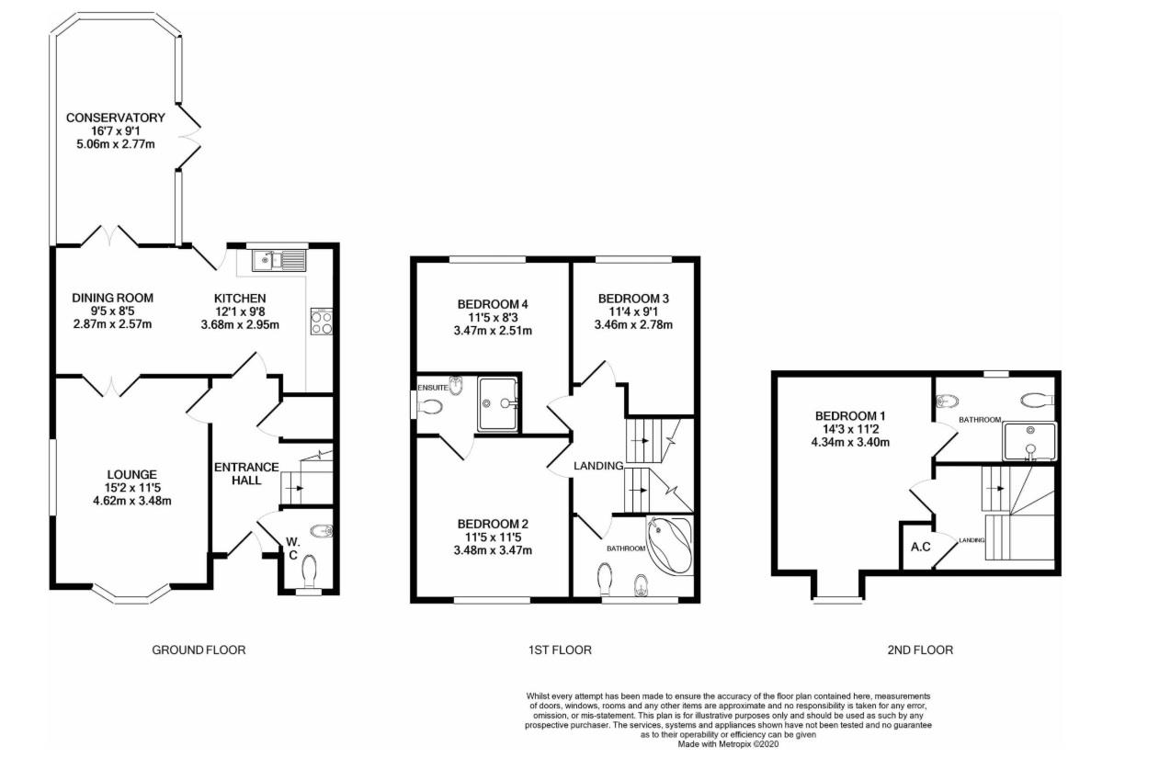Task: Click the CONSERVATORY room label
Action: (x=115, y=118)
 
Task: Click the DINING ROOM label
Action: (x=112, y=298)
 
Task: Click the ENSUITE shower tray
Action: (x=497, y=402)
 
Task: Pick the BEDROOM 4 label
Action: (x=493, y=304)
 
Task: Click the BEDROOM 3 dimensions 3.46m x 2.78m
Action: (x=633, y=324)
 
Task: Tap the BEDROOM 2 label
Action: (x=493, y=524)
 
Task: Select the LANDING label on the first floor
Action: (x=599, y=466)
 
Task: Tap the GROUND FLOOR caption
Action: (x=199, y=650)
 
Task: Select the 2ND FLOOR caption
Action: (x=920, y=650)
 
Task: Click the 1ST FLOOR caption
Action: (x=560, y=650)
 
